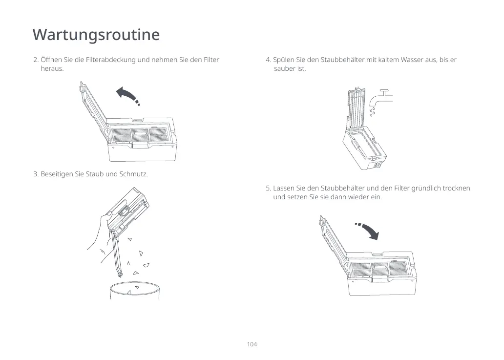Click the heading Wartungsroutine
96,35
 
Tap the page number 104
252,344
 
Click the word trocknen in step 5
456,188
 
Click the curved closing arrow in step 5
369,230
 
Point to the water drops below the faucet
372,113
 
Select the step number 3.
35,174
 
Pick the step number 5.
268,188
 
